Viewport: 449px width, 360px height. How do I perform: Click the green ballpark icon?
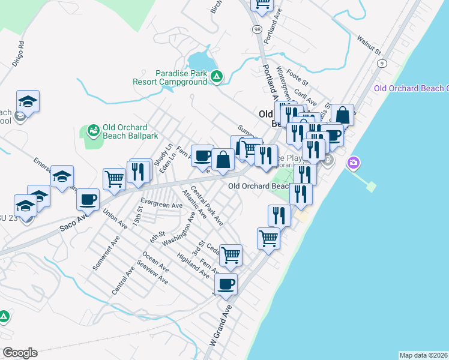(x=93, y=130)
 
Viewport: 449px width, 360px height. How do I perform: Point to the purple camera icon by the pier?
(x=353, y=162)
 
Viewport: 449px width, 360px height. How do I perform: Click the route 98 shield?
(x=257, y=28)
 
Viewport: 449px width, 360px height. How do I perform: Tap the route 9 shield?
(x=382, y=63)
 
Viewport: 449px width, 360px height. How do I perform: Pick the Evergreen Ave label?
(x=161, y=205)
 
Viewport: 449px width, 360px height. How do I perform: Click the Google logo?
(x=20, y=353)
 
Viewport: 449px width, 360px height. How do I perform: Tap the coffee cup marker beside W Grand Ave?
(x=226, y=284)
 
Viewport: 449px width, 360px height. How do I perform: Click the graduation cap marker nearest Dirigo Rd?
(x=28, y=101)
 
